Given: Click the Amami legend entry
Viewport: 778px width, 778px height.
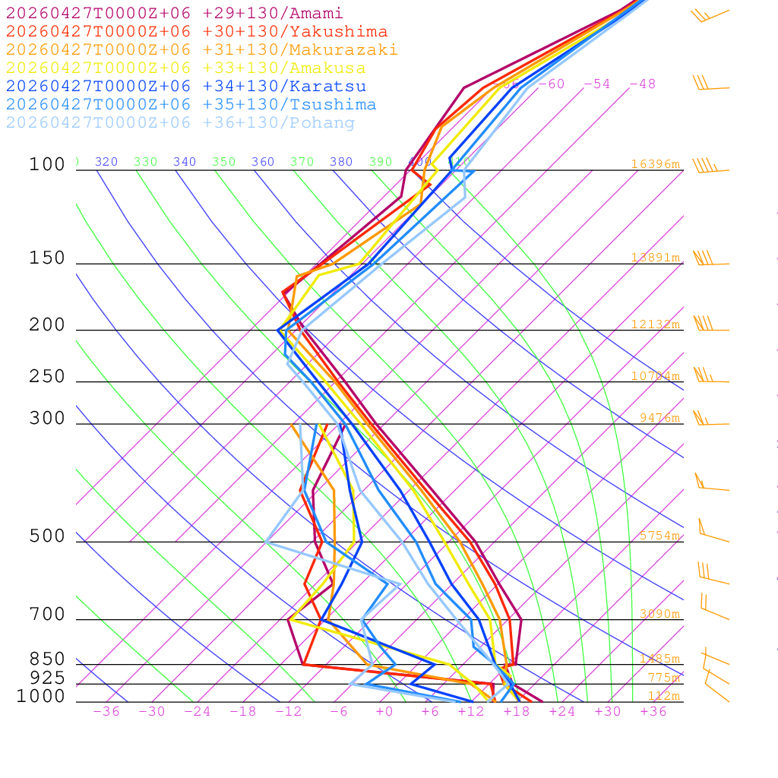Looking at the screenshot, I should pos(175,14).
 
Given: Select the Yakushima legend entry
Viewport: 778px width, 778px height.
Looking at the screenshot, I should pos(197,32).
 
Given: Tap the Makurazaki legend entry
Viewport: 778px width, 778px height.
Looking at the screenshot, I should pos(202,50).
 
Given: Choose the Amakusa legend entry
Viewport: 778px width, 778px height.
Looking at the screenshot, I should pos(186,68).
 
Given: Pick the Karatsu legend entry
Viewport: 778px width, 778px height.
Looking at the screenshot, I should pos(186,87).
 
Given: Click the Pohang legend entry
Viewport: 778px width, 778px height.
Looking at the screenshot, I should pos(181,123).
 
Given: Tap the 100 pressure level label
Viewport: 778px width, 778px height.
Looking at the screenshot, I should pos(47,165).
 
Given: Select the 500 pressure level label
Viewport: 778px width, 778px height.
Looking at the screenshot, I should pos(47,536).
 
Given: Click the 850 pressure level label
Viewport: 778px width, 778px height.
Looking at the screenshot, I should pos(47,659).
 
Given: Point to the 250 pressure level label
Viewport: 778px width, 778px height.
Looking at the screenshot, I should pos(47,377).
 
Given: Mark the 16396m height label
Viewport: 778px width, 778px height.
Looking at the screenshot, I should pos(655,164).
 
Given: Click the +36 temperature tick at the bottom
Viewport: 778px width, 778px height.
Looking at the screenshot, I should pos(653,711).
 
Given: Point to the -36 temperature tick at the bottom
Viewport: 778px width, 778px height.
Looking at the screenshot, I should pos(106,711).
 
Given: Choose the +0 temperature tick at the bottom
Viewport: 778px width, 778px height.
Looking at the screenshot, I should pos(384,711).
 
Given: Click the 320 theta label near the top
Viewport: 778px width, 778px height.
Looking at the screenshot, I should pos(106,162).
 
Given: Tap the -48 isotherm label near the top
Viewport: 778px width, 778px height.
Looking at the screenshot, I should pos(642,84).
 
